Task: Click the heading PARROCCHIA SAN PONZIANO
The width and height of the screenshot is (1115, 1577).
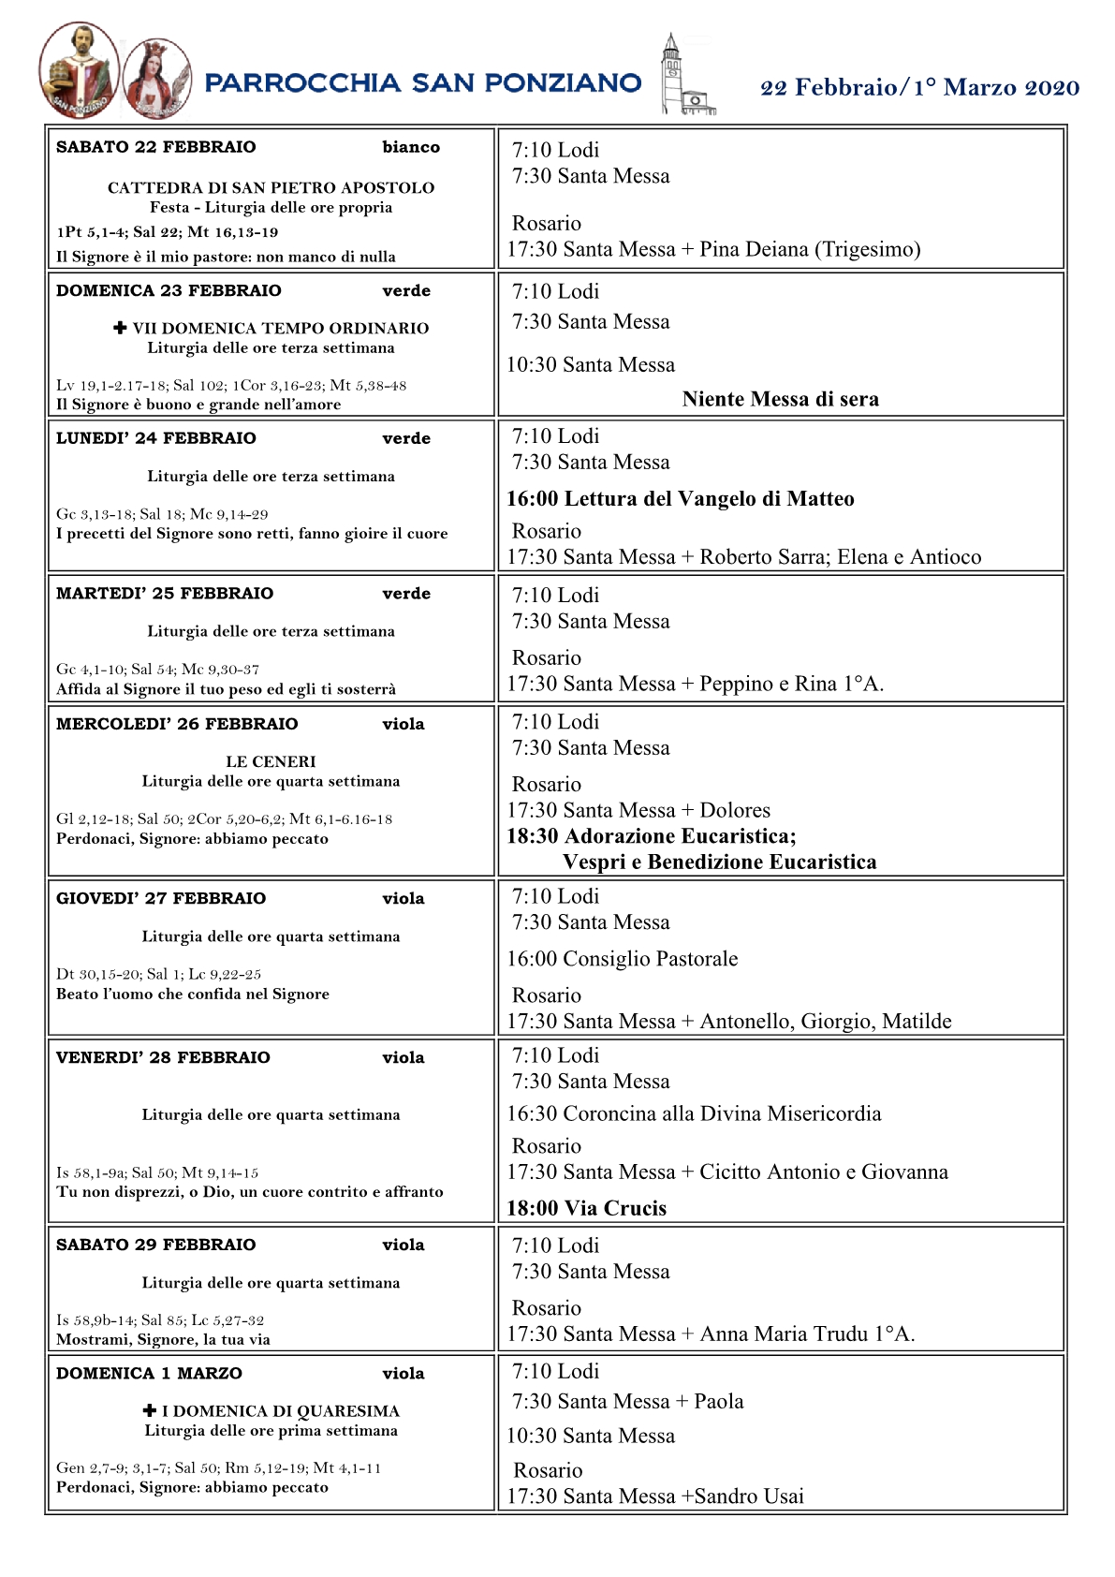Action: click(422, 83)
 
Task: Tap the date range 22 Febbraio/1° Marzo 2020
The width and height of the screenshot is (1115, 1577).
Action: click(919, 88)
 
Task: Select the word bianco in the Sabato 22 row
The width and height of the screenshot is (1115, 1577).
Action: click(411, 147)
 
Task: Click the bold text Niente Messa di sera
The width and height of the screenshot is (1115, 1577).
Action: click(780, 400)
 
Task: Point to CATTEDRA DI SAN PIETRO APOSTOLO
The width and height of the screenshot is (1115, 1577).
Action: click(271, 187)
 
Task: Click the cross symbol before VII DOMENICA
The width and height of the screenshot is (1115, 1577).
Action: click(120, 328)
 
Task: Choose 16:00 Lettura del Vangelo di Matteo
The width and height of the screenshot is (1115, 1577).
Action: click(680, 499)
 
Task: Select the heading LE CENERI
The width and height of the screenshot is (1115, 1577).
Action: click(271, 762)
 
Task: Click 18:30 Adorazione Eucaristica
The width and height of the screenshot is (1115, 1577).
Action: click(651, 836)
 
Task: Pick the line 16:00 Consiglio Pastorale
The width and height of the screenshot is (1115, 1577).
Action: click(622, 959)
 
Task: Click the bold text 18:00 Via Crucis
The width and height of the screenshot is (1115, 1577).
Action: click(586, 1209)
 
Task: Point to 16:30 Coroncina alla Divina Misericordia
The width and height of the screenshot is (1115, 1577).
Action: click(694, 1114)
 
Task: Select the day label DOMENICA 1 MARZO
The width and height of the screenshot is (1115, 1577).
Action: click(149, 1374)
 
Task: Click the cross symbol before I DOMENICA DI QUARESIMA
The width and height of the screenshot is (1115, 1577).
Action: click(150, 1410)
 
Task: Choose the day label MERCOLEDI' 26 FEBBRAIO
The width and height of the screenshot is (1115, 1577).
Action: click(177, 724)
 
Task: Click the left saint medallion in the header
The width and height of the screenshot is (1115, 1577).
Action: click(79, 71)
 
